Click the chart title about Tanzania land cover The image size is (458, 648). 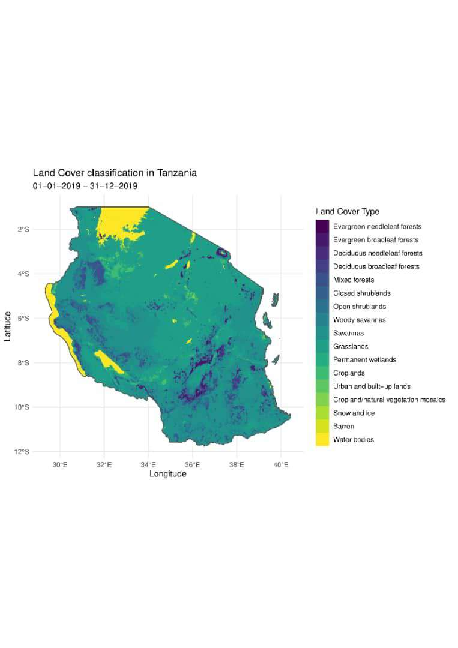tap(115, 173)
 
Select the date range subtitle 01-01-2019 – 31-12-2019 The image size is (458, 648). tap(85, 186)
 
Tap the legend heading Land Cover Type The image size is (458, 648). tap(348, 212)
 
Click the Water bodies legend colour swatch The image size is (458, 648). tap(322, 440)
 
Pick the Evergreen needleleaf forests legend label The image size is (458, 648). tap(377, 227)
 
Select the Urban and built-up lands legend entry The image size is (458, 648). tap(372, 386)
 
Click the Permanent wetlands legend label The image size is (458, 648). tap(364, 360)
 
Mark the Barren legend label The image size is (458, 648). tap(343, 427)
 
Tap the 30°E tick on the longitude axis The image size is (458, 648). tap(59, 464)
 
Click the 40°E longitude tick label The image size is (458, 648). tap(281, 464)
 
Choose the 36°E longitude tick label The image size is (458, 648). tap(193, 464)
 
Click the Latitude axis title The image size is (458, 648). tap(8, 326)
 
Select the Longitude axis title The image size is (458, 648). tap(167, 474)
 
